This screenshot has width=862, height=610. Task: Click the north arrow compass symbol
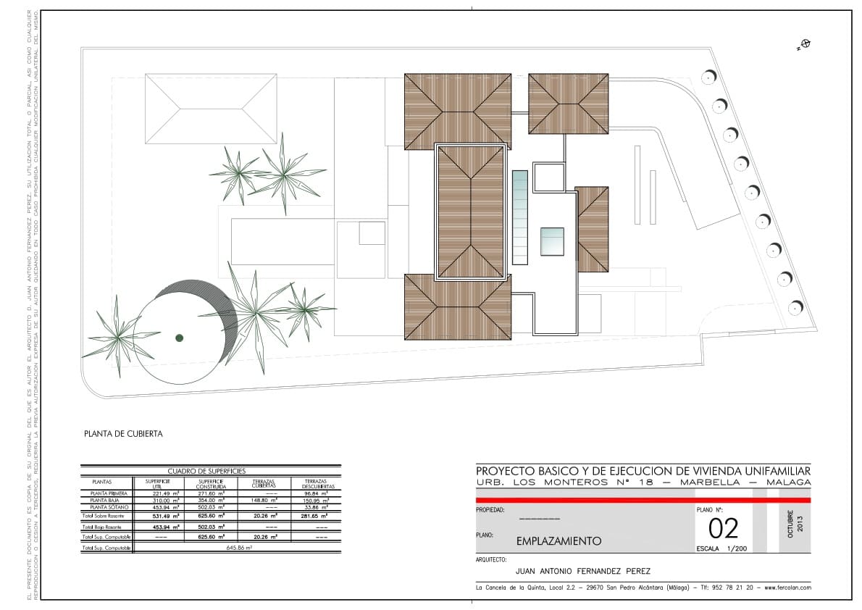[x=805, y=45]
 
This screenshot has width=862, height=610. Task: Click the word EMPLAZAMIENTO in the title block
[x=558, y=540]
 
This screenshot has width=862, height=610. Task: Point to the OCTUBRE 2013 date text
[x=795, y=523]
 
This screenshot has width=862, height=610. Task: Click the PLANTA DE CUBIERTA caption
[x=123, y=434]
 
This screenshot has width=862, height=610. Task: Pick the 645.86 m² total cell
[x=237, y=549]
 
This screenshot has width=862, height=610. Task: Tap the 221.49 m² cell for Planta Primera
[x=157, y=493]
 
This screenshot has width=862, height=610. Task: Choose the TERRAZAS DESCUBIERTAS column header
[x=312, y=483]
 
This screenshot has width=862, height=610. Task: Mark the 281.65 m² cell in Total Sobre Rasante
[x=312, y=517]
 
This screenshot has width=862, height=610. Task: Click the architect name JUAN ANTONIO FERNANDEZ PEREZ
[x=583, y=571]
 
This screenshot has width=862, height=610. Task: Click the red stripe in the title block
[x=643, y=500]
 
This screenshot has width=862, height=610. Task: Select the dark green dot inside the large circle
[x=179, y=338]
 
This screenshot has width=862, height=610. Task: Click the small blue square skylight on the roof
[x=551, y=241]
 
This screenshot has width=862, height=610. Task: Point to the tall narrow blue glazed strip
[x=520, y=217]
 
